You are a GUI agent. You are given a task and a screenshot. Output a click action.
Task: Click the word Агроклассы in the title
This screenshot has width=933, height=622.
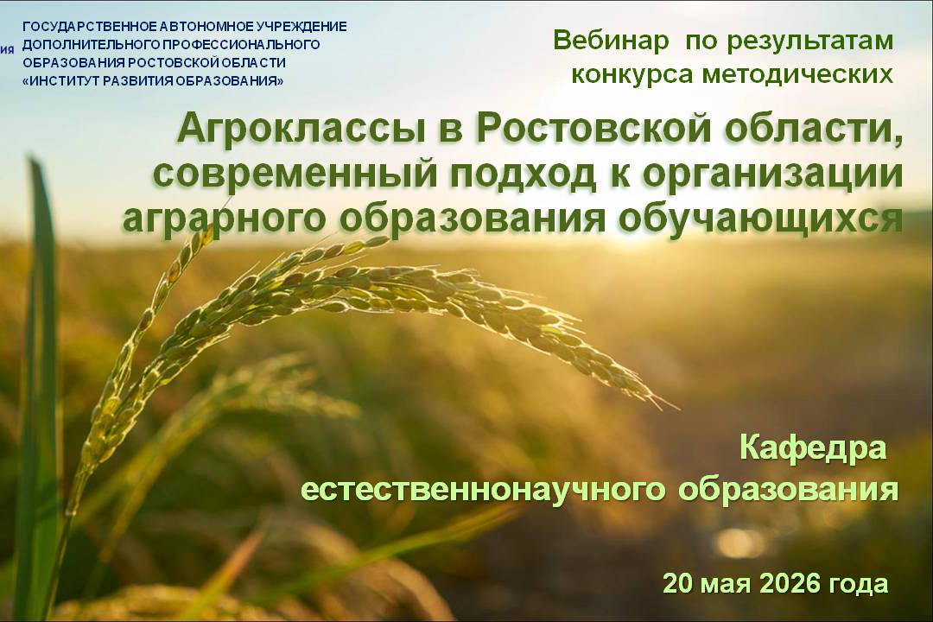(301, 130)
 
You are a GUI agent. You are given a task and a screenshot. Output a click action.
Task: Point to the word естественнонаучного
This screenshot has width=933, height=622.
(483, 490)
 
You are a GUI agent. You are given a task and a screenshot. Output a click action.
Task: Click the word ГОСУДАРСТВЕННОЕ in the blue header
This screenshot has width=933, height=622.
(91, 27)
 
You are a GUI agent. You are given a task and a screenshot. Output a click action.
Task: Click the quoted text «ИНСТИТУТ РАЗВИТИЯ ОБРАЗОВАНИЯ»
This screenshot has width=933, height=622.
(153, 81)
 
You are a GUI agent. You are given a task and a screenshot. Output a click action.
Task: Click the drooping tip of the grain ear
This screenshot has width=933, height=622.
(676, 408)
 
